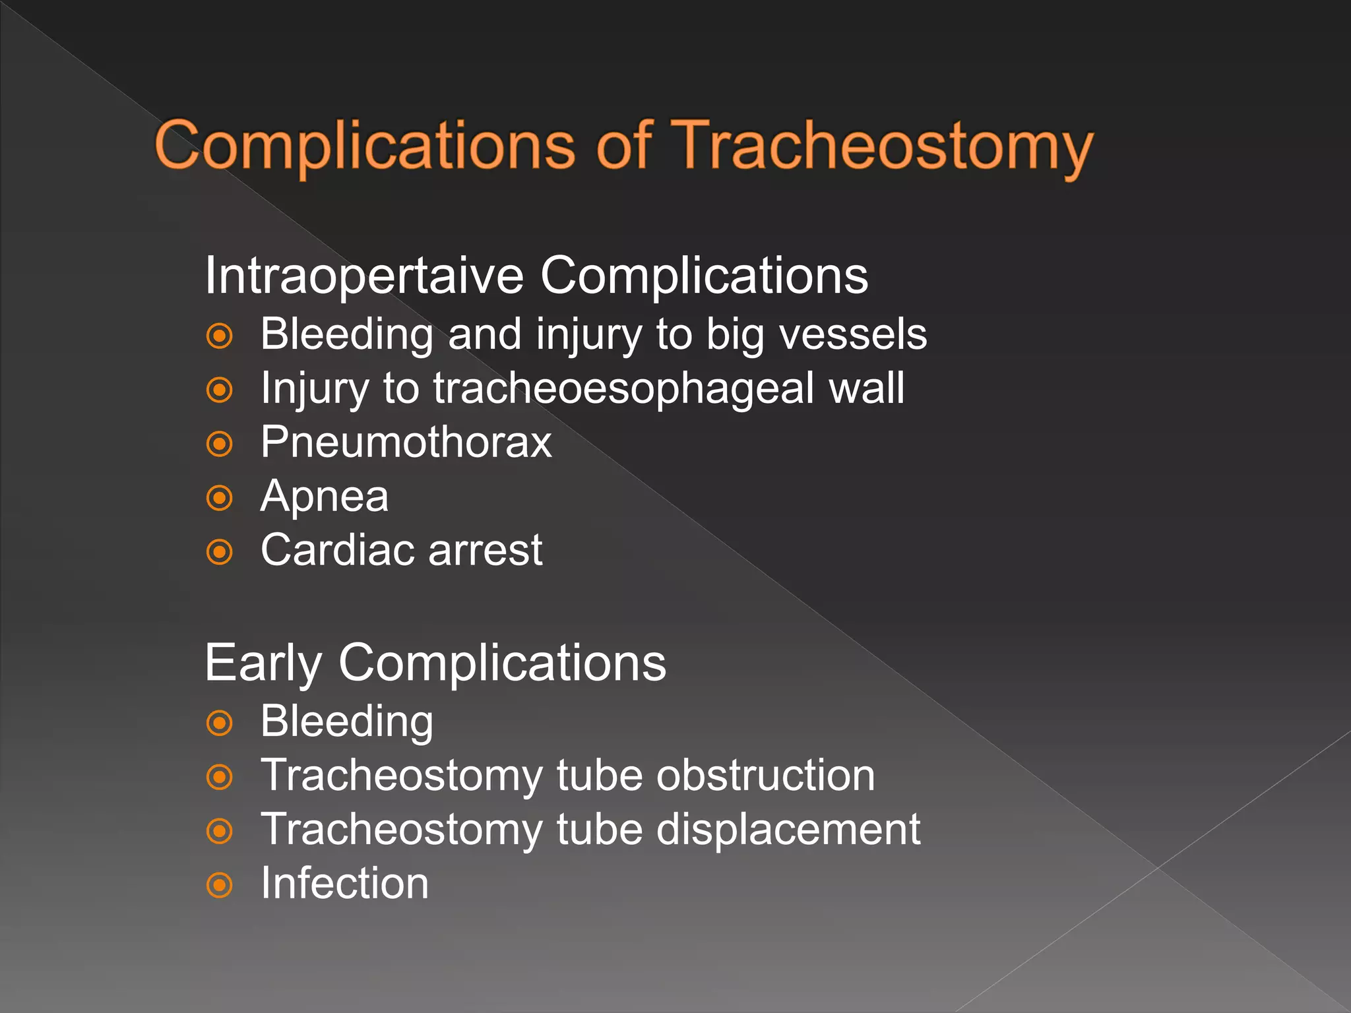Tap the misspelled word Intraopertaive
tap(363, 275)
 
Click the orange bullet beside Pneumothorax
tap(220, 444)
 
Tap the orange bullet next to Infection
tap(220, 885)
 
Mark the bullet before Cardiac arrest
tap(220, 552)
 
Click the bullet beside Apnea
tap(220, 498)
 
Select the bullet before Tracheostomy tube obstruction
tap(220, 777)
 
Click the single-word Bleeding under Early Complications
tap(347, 721)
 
